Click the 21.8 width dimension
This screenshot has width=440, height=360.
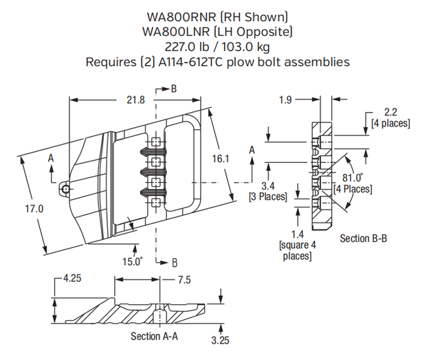pos(136,100)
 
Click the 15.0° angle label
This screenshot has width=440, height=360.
pos(132,261)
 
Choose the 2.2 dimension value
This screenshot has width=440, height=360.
pos(390,112)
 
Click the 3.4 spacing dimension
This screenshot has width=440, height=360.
pos(267,186)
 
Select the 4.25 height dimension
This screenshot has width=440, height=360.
pos(71,279)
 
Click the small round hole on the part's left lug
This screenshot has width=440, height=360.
pos(65,188)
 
